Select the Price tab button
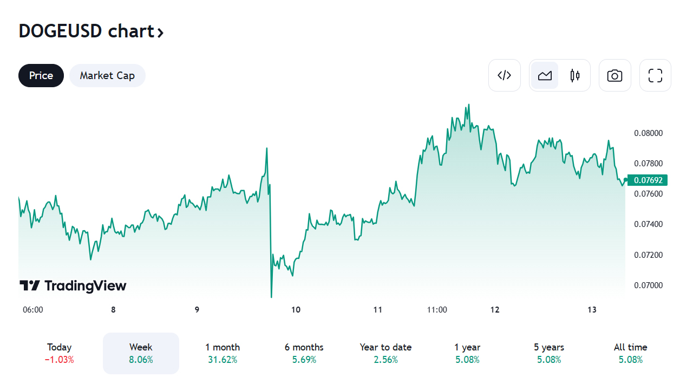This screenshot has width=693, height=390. (41, 75)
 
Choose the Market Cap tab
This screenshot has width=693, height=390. (107, 75)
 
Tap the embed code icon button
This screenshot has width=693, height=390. (504, 75)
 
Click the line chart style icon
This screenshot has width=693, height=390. (545, 75)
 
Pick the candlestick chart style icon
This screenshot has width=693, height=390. (575, 75)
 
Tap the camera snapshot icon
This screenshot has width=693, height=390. (614, 75)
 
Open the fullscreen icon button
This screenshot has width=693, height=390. (655, 75)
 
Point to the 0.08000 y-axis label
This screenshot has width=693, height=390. (648, 133)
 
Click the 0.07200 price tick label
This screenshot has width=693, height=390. (648, 255)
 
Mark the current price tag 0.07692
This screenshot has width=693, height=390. (648, 180)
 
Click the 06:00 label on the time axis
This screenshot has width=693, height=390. (33, 310)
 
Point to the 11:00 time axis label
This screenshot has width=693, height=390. (437, 310)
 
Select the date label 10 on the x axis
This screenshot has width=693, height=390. (296, 310)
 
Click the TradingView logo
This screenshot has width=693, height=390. (73, 285)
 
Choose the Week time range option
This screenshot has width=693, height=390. (141, 353)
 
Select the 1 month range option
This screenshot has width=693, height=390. (223, 353)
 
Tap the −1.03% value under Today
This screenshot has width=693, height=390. (60, 360)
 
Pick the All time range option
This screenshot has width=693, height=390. (630, 353)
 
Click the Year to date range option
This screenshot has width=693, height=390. (385, 353)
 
